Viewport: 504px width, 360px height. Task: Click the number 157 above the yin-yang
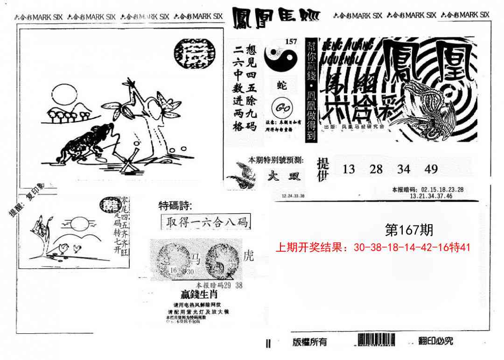click(x=291, y=42)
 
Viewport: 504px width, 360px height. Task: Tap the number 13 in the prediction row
click(x=349, y=169)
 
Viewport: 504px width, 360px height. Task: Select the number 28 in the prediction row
click(x=376, y=169)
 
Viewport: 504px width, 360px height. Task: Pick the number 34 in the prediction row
click(x=404, y=169)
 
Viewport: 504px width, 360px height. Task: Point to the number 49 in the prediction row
click(x=431, y=169)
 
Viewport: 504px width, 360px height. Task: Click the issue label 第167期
click(x=409, y=230)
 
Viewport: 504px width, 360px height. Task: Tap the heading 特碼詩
click(x=175, y=205)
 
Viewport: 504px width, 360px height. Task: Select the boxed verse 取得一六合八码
click(x=205, y=222)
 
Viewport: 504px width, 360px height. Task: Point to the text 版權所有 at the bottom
click(x=309, y=342)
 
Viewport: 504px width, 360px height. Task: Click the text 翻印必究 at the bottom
click(x=429, y=341)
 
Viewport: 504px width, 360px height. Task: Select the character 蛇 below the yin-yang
click(x=282, y=85)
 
